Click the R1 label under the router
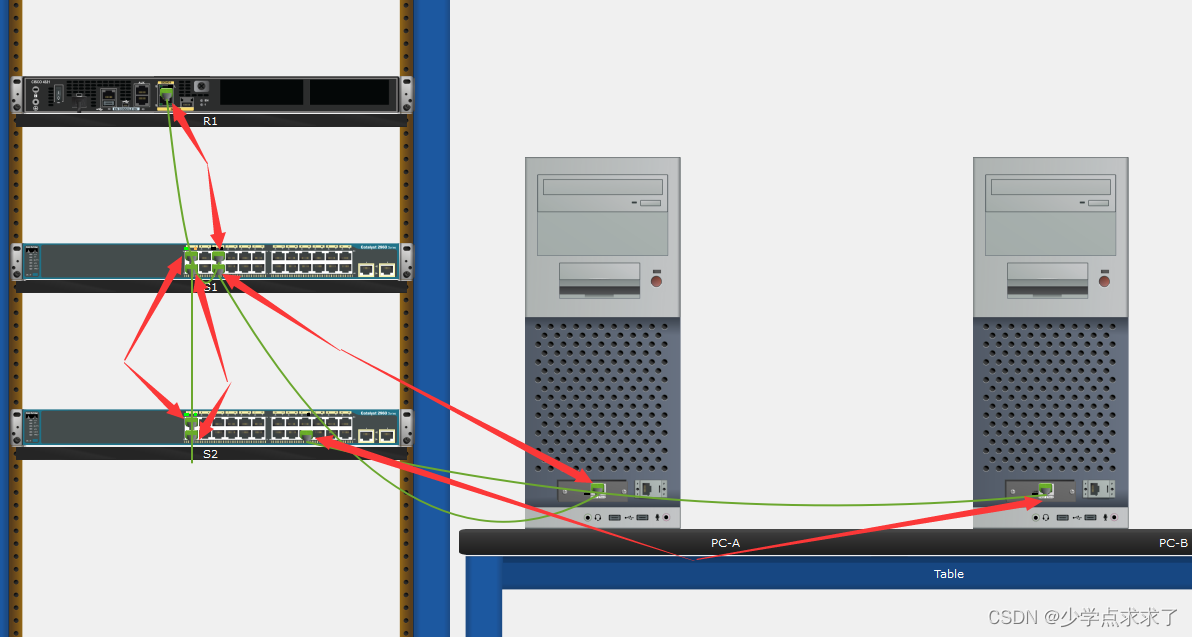point(210,121)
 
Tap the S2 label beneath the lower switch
point(210,454)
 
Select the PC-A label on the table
point(725,543)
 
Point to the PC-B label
point(1173,543)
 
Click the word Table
point(948,574)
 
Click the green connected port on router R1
point(166,95)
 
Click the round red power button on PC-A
point(656,281)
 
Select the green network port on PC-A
point(598,489)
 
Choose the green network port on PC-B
point(1045,489)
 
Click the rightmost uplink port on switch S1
point(386,269)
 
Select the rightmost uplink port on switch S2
point(386,435)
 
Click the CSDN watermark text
point(1083,617)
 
